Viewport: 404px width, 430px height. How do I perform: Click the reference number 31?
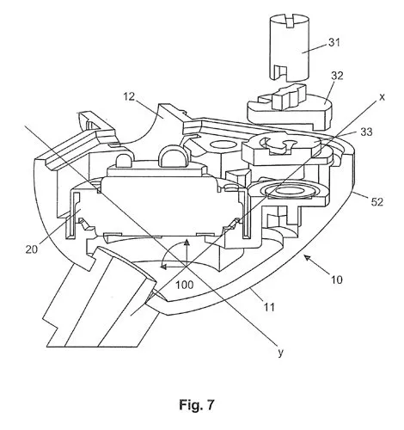(x=334, y=42)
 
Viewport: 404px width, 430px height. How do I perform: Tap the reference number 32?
(x=337, y=76)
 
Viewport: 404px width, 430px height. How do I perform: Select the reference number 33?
(x=366, y=132)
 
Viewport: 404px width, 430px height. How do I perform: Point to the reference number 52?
(x=377, y=202)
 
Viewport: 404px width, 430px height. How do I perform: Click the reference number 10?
(x=337, y=279)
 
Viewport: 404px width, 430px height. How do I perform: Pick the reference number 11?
(x=268, y=307)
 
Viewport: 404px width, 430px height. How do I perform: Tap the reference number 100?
(x=185, y=285)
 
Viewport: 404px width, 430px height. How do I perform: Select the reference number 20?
(x=32, y=249)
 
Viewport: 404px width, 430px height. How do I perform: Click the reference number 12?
(x=129, y=96)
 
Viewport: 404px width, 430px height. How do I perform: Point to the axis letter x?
(x=382, y=98)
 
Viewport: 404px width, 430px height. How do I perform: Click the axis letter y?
(x=280, y=353)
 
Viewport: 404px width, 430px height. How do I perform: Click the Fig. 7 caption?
(x=197, y=405)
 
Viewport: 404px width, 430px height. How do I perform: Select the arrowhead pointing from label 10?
(x=309, y=260)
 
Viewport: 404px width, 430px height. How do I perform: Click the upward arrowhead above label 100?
(x=187, y=243)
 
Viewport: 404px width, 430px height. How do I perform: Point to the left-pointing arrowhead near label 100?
(x=163, y=267)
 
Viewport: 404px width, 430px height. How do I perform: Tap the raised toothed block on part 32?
(x=288, y=97)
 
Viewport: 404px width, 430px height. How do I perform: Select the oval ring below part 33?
(x=291, y=191)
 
